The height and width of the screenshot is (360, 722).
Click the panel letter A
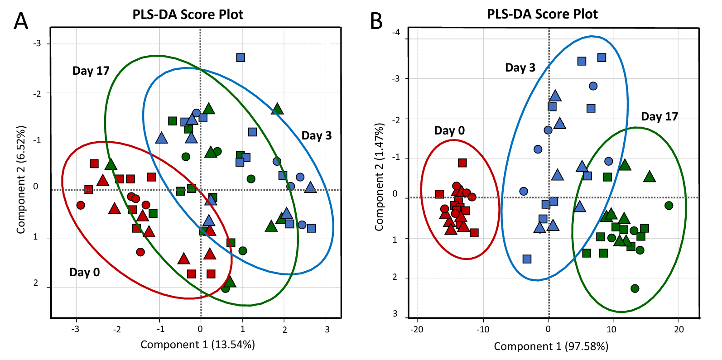(x=21, y=21)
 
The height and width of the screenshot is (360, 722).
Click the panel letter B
(x=376, y=21)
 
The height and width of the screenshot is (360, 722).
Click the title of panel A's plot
(x=188, y=14)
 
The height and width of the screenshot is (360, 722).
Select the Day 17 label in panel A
(x=91, y=71)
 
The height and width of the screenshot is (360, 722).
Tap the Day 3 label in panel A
(x=316, y=135)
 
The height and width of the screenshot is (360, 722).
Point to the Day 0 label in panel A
(x=84, y=272)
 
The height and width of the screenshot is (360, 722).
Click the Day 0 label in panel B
(x=449, y=130)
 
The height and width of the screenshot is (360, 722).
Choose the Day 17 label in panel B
(x=659, y=116)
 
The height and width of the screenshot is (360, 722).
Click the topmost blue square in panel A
(x=241, y=58)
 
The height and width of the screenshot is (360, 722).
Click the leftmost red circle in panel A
(x=81, y=205)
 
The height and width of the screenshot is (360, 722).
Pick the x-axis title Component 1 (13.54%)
(x=197, y=345)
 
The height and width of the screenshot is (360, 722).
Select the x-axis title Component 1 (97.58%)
(x=551, y=346)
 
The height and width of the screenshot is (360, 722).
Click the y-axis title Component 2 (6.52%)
(x=21, y=180)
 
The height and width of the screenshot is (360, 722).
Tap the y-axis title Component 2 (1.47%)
(x=379, y=177)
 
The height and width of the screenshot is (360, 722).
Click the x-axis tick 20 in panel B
(x=679, y=329)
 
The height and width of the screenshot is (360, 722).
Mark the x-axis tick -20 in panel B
(x=417, y=329)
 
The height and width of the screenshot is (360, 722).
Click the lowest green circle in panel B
(x=635, y=288)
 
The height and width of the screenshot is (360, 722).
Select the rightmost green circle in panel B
(x=669, y=206)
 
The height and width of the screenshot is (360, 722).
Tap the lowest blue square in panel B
(x=527, y=259)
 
